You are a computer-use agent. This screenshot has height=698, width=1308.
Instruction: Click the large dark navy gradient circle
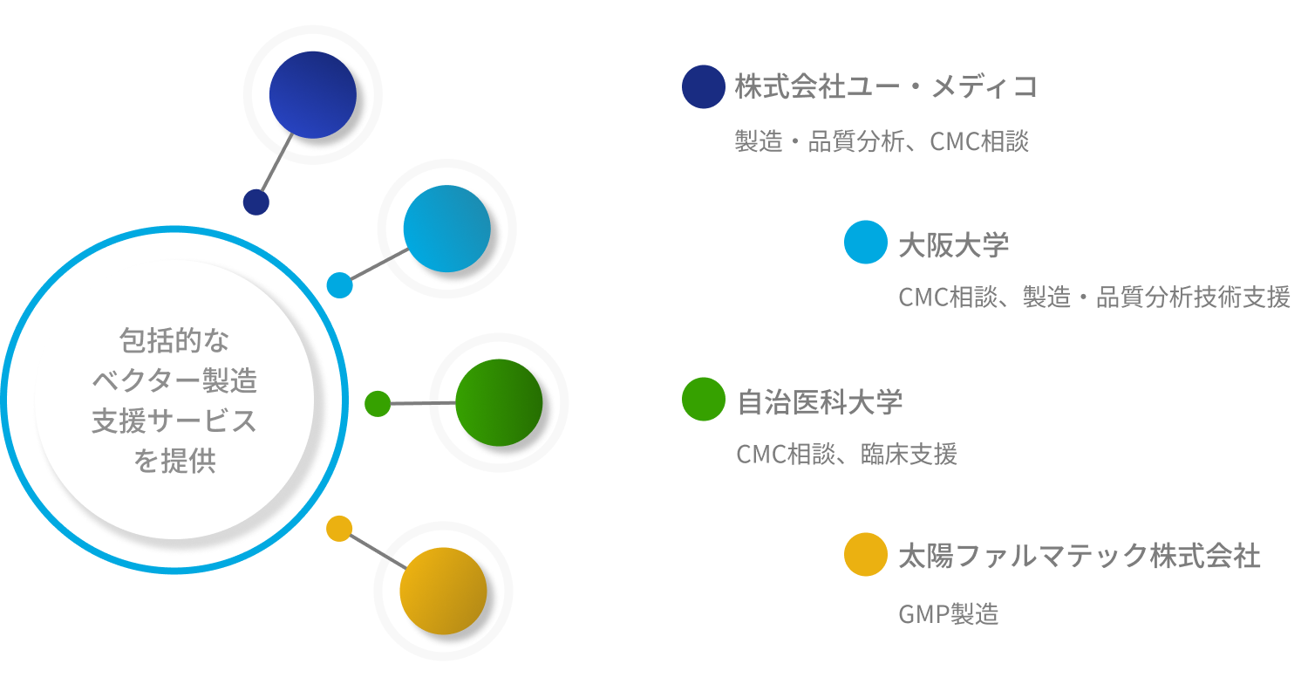coord(313,95)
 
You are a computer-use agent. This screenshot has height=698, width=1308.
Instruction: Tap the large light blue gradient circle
coord(447,229)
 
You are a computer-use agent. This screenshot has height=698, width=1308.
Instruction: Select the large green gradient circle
coord(500,403)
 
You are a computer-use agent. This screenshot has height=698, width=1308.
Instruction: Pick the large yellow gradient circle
coord(443,591)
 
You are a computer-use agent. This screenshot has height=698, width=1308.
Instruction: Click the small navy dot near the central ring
coord(256,202)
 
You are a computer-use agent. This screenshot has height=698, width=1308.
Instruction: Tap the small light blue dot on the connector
coord(340,285)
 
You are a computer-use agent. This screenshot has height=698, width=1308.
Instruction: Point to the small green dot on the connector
coord(378,404)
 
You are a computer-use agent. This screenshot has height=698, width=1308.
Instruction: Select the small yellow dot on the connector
coord(339,529)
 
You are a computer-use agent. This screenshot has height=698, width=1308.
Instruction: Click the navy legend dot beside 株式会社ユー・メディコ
coord(704,86)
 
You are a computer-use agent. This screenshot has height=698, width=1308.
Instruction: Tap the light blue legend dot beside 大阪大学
coord(866,242)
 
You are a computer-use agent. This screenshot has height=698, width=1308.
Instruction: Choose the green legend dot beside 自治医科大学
coord(704,399)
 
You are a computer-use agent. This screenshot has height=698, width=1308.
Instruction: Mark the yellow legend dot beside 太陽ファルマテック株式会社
coord(866,554)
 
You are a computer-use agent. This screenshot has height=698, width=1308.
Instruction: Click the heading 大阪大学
coord(954,245)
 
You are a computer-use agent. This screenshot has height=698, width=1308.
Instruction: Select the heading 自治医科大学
coord(820,402)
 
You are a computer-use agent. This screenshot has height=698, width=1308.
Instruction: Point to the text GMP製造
coord(949,614)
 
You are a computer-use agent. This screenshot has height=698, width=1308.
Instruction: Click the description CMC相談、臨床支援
coord(847,454)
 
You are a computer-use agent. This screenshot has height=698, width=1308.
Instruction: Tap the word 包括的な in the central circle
coord(174,340)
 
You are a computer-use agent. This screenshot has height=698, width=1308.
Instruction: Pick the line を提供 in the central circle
coord(174,461)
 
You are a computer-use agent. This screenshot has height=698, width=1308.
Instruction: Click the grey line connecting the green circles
coord(423,403)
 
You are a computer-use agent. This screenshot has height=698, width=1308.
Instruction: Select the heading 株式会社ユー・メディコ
coord(886,87)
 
